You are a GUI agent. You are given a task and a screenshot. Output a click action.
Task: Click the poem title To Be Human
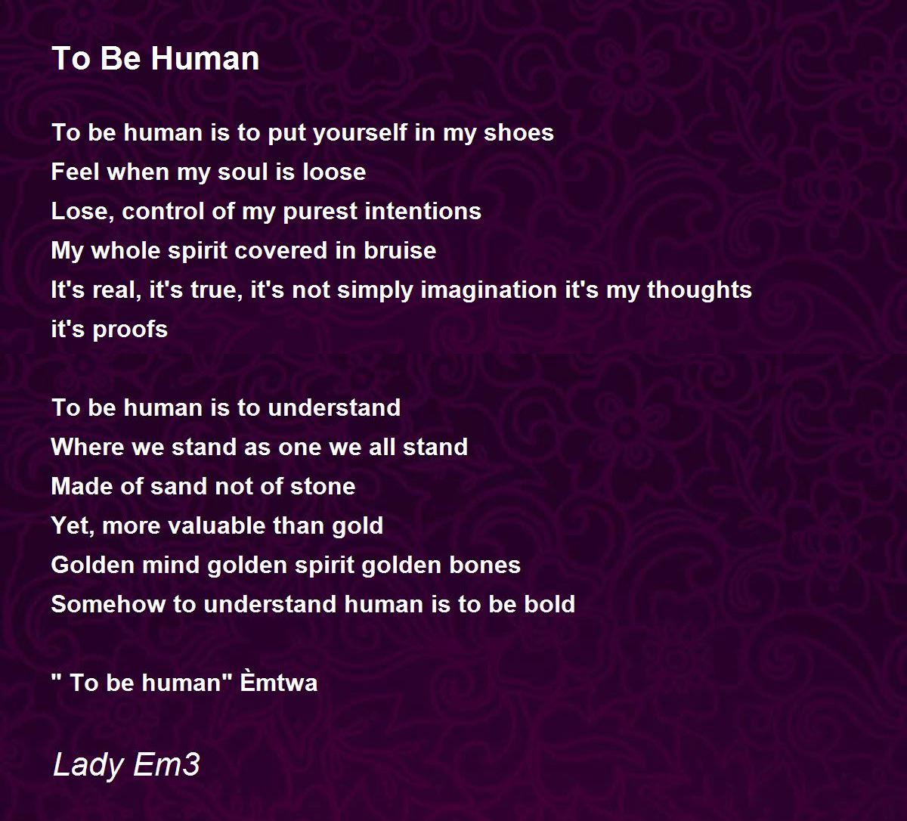point(156,59)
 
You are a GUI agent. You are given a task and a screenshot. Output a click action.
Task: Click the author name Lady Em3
point(126,764)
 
